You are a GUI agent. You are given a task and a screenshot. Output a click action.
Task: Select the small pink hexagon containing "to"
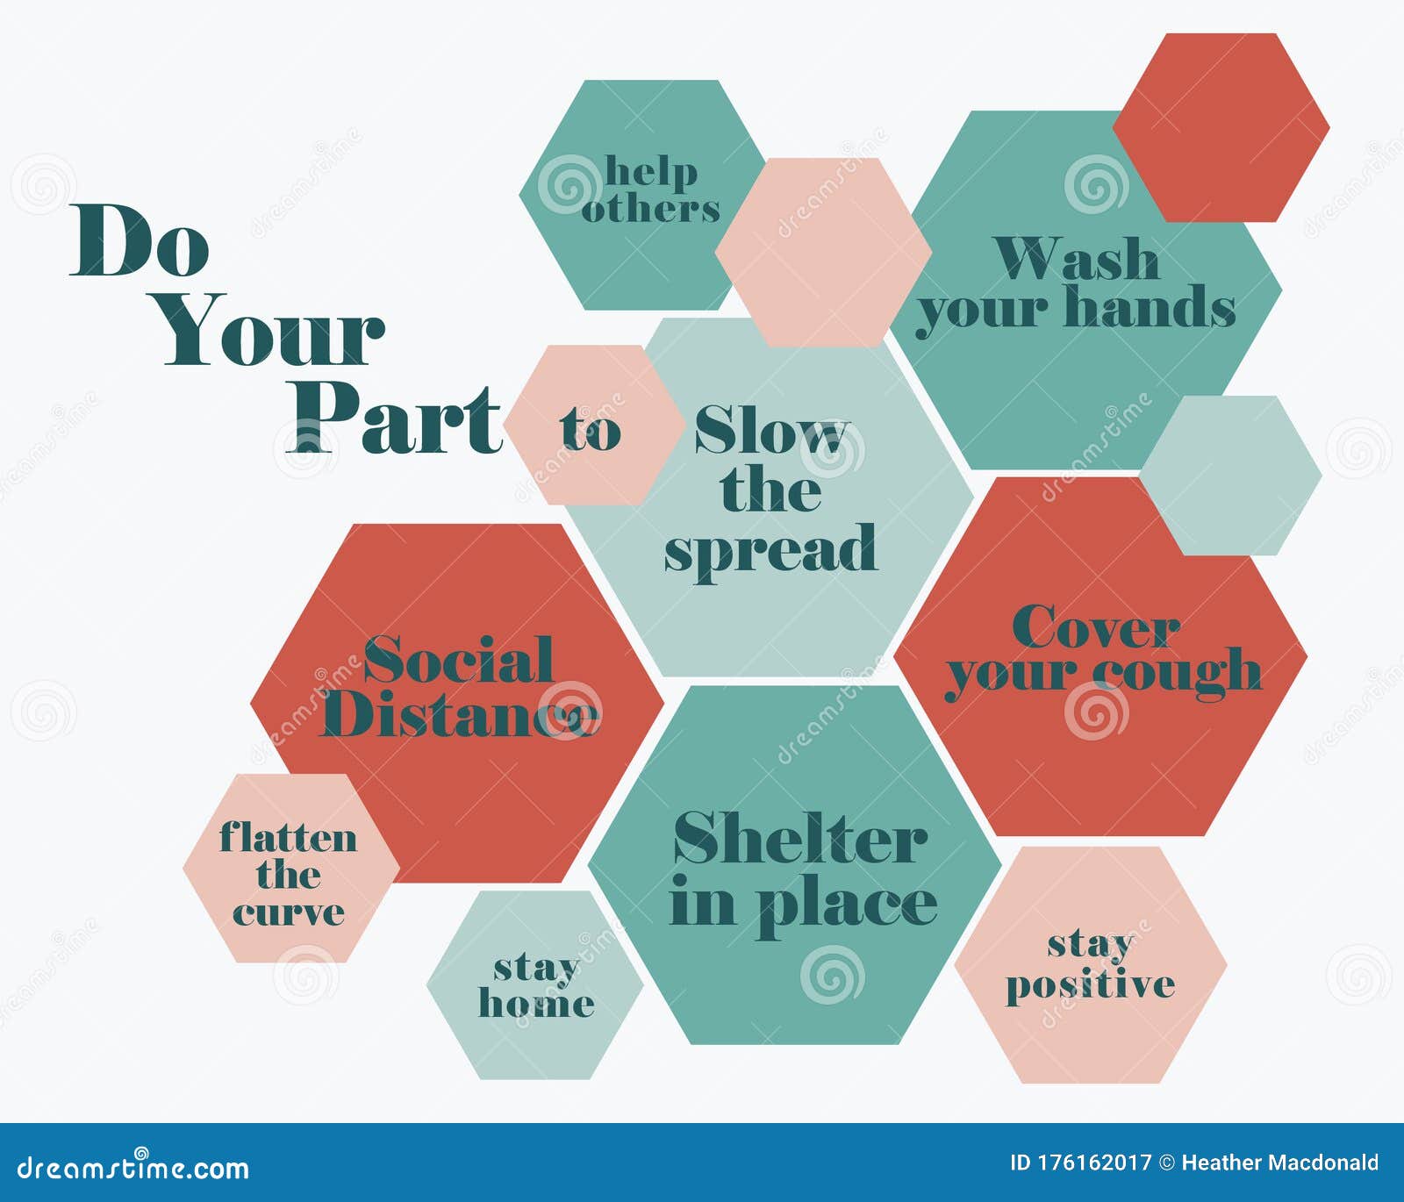[591, 426]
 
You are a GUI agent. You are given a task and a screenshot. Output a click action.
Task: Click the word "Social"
[459, 660]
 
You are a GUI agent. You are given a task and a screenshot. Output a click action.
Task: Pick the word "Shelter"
[800, 839]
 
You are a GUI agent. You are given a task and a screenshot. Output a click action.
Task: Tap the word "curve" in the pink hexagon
[288, 913]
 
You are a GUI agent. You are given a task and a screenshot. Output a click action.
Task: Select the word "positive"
[1091, 984]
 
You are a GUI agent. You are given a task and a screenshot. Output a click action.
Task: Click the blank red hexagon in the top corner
[1221, 127]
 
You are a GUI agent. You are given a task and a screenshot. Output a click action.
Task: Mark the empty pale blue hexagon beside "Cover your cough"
[1230, 475]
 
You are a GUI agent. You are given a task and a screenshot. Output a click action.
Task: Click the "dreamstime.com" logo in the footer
[133, 1167]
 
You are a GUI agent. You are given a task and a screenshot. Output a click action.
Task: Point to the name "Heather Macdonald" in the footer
[1280, 1163]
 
